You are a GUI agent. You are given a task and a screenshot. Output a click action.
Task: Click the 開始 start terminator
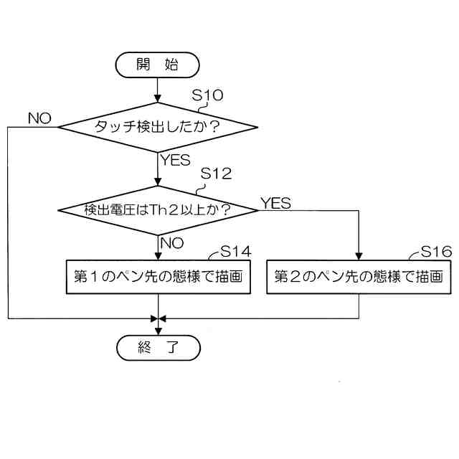[157, 64]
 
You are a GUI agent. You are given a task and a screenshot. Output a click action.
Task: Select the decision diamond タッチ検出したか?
[157, 127]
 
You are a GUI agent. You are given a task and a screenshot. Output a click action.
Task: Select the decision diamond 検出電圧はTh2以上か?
[157, 210]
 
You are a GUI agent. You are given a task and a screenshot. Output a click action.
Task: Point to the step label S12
[216, 174]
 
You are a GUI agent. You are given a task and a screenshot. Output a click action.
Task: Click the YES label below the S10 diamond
[176, 160]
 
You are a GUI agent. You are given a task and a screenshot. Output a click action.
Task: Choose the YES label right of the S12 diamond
[275, 204]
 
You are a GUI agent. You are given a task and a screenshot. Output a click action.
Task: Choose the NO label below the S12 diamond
[172, 242]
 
